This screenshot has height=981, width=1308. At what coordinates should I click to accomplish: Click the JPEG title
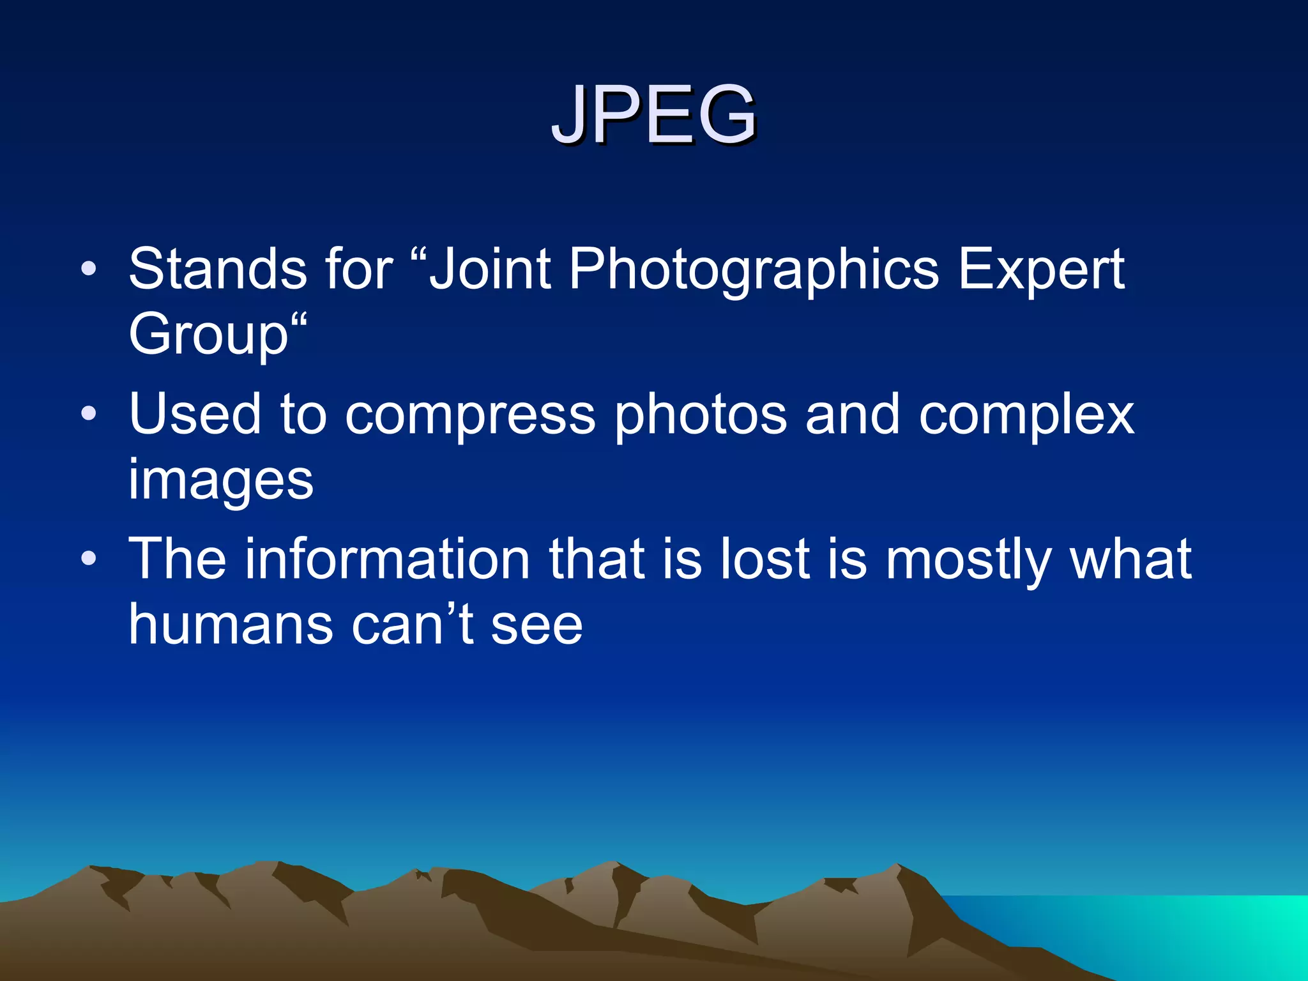click(x=654, y=115)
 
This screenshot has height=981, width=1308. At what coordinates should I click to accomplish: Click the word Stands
click(x=218, y=269)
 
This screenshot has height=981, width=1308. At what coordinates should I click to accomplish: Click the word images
click(x=221, y=481)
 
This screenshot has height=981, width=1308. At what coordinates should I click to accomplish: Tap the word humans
click(x=231, y=625)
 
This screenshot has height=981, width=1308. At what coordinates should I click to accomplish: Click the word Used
click(x=195, y=414)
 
